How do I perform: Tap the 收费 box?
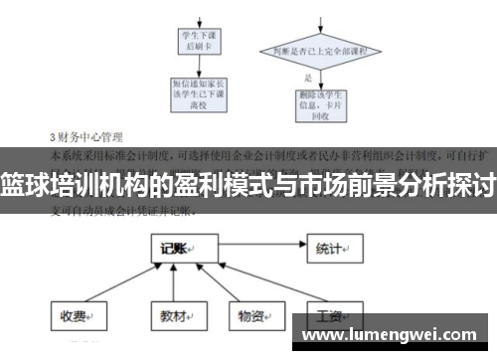point(76,316)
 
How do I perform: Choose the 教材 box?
point(168,316)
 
